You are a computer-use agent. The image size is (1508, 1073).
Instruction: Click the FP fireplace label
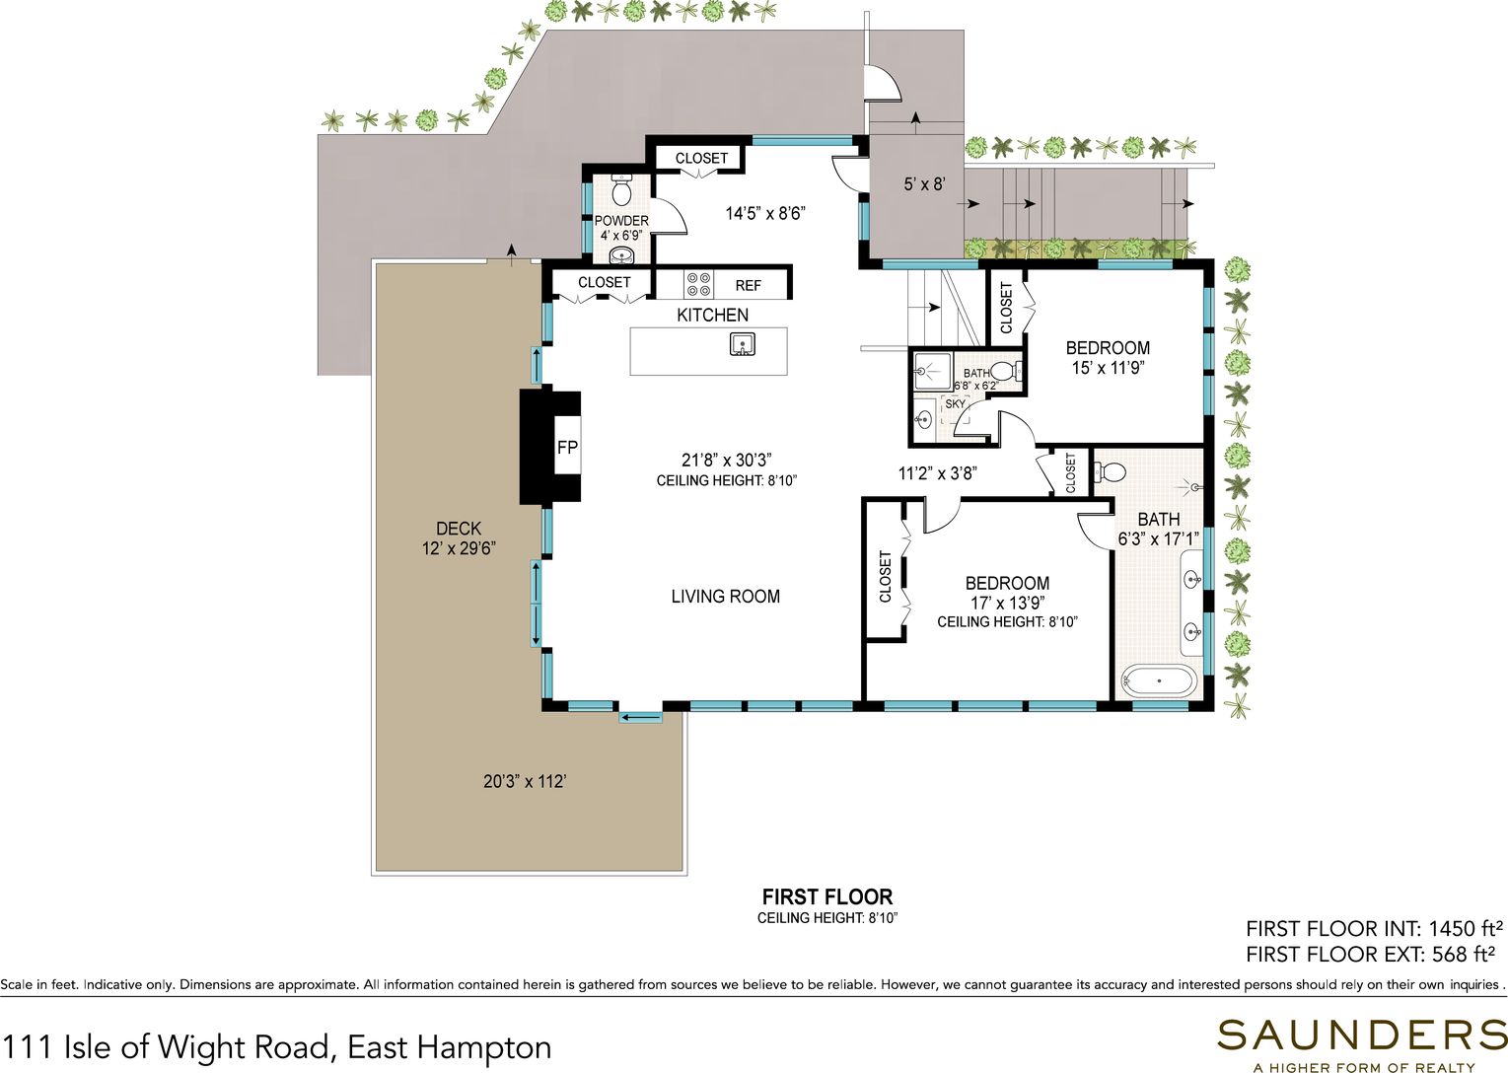(x=567, y=448)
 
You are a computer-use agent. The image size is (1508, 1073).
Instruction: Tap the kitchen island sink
(x=743, y=344)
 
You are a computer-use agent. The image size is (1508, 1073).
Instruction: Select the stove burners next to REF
(x=698, y=284)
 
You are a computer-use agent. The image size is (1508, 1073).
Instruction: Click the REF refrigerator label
(x=748, y=285)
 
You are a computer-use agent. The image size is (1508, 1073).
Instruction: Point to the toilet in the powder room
(x=620, y=190)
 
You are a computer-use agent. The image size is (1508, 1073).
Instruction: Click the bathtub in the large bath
(x=1159, y=681)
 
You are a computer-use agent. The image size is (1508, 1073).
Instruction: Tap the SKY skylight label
(x=955, y=404)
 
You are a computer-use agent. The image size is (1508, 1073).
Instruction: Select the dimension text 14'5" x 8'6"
(x=764, y=213)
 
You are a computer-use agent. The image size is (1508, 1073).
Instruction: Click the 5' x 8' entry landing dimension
(x=924, y=183)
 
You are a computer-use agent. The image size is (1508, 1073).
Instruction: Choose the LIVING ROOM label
(x=725, y=597)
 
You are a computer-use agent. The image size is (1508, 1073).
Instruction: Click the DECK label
(x=459, y=529)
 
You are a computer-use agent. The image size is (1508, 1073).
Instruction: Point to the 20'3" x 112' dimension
(x=525, y=781)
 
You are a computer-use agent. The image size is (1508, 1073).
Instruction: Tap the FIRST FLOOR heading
(x=827, y=897)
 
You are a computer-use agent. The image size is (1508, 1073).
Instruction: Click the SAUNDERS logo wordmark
(x=1361, y=1036)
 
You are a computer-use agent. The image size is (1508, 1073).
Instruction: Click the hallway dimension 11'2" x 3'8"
(x=937, y=473)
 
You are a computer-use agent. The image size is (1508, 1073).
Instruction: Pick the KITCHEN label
(x=712, y=315)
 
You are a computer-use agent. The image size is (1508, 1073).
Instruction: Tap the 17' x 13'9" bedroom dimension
(x=1008, y=603)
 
